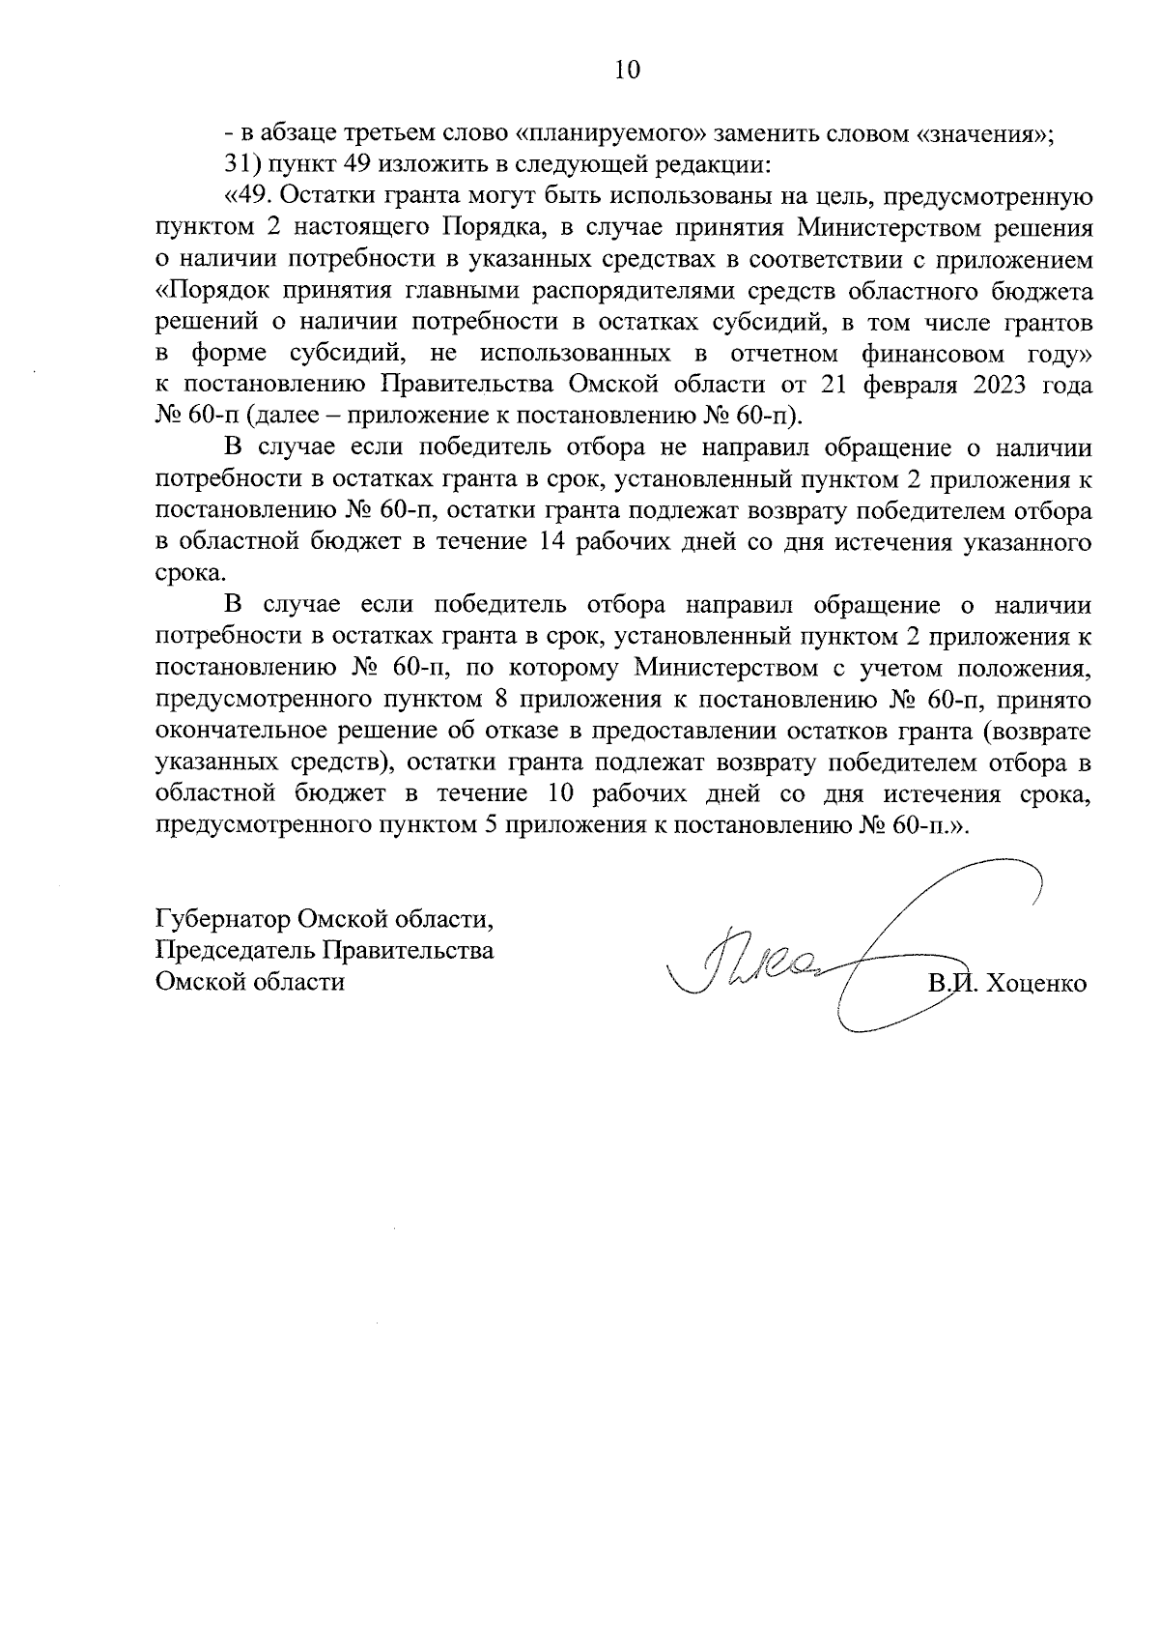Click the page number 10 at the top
pos(627,70)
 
